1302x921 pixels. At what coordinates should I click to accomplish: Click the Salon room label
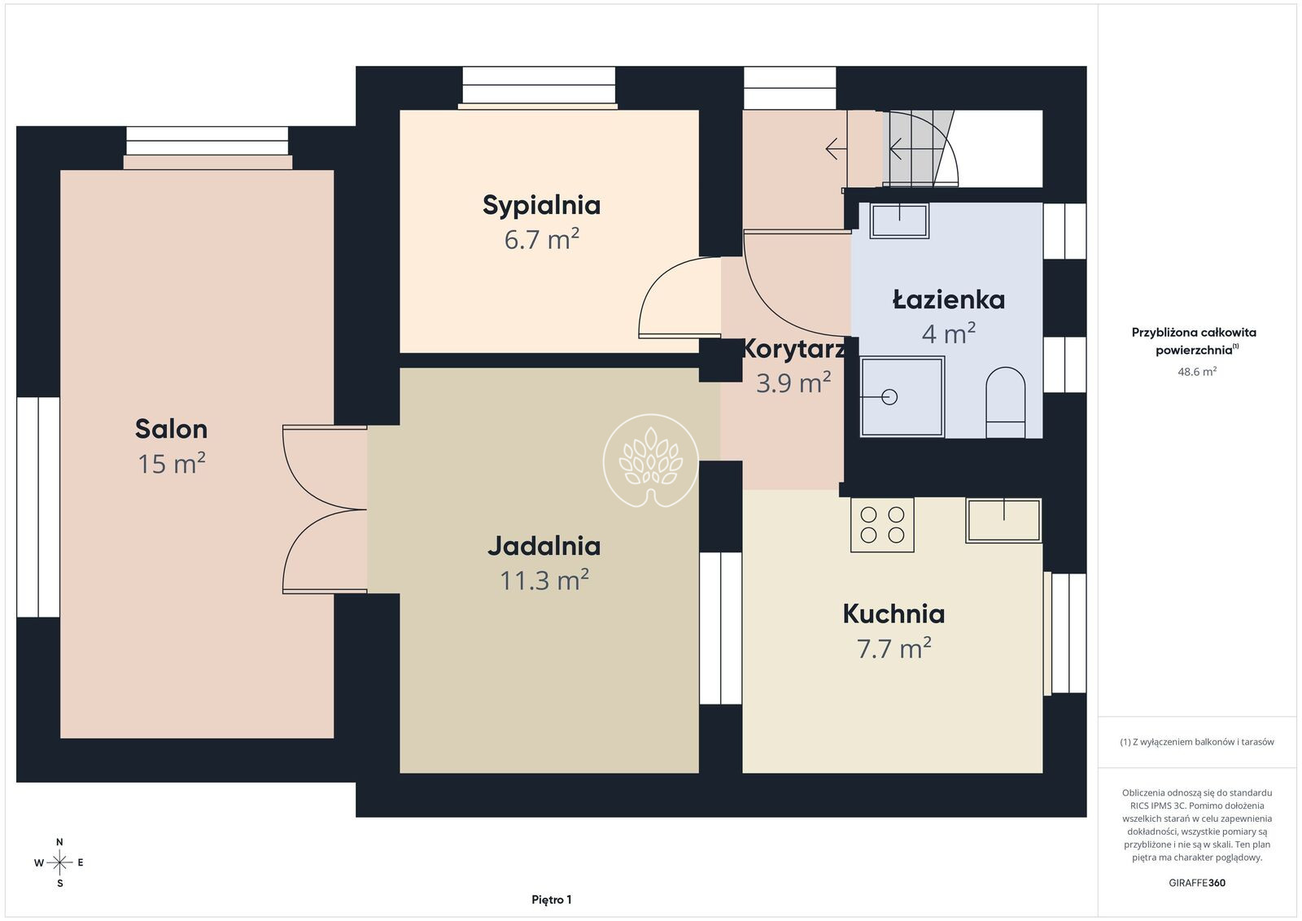[171, 430]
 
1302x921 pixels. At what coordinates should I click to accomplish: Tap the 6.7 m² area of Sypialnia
[541, 239]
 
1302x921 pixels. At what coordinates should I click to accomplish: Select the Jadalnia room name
[544, 546]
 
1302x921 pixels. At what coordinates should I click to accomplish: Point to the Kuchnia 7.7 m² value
[894, 648]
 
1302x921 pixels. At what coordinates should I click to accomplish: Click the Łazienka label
[949, 300]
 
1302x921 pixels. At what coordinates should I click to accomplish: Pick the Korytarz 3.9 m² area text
[793, 383]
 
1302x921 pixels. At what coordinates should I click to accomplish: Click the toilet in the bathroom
[1005, 402]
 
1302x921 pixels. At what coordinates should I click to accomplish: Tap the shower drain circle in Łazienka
[889, 397]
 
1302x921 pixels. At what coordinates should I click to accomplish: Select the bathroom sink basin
[899, 220]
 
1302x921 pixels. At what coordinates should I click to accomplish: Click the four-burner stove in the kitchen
[882, 525]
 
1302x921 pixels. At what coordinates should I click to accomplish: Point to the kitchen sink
[1003, 521]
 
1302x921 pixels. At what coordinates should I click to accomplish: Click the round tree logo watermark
[650, 460]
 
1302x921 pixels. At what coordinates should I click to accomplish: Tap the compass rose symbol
[59, 863]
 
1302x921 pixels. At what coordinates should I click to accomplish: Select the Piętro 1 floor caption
[552, 900]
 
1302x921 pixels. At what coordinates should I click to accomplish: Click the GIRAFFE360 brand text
[1197, 883]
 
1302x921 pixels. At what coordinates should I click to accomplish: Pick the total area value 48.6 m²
[1197, 371]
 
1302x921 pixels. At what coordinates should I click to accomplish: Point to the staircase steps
[919, 148]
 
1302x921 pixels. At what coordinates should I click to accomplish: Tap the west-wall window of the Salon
[38, 507]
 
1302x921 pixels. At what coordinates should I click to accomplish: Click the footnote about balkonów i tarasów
[1197, 742]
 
